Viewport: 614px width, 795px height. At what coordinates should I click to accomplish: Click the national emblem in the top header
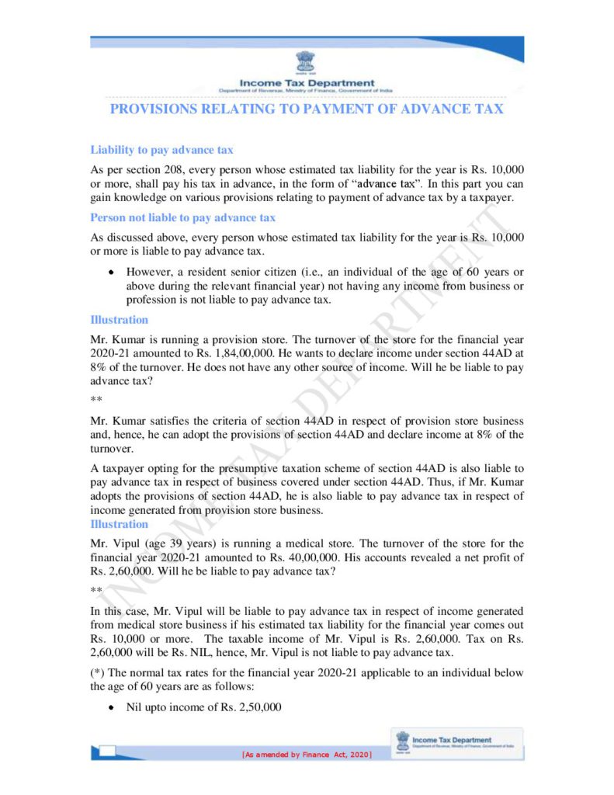(x=306, y=63)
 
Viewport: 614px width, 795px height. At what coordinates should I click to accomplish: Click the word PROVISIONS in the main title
(x=153, y=109)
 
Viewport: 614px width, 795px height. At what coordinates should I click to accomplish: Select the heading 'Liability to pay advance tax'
(x=161, y=149)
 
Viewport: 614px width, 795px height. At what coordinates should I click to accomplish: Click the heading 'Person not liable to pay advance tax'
(x=182, y=218)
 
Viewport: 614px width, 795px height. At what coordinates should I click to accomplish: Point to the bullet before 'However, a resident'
(x=113, y=273)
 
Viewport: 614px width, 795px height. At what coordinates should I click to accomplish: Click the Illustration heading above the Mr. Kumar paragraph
(x=119, y=319)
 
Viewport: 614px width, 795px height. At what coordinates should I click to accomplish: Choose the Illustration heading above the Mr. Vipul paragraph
(x=119, y=524)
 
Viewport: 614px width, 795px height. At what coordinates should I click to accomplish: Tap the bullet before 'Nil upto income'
(x=113, y=708)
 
